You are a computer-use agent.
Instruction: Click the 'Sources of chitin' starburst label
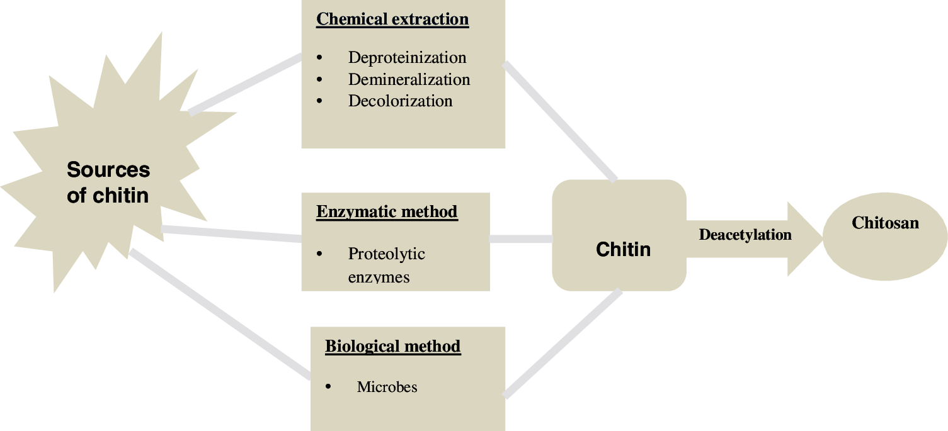pyautogui.click(x=108, y=182)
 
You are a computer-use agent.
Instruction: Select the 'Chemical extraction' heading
pyautogui.click(x=392, y=20)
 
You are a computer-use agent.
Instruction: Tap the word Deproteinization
pyautogui.click(x=407, y=58)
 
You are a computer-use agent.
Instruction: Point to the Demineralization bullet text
pyautogui.click(x=409, y=80)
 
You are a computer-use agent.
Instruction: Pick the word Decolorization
pyautogui.click(x=400, y=101)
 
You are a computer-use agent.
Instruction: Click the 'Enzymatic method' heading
pyautogui.click(x=387, y=212)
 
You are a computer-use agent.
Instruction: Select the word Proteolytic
pyautogui.click(x=386, y=254)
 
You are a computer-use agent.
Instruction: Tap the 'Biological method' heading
pyautogui.click(x=393, y=347)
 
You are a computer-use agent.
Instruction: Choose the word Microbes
pyautogui.click(x=387, y=387)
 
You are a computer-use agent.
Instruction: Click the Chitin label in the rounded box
pyautogui.click(x=623, y=249)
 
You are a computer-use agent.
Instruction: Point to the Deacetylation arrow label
pyautogui.click(x=745, y=235)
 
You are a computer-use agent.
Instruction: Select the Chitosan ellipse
pyautogui.click(x=885, y=236)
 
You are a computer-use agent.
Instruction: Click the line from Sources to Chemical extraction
pyautogui.click(x=246, y=84)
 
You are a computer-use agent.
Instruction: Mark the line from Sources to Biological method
pyautogui.click(x=220, y=315)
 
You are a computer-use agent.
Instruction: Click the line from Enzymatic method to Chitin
pyautogui.click(x=521, y=239)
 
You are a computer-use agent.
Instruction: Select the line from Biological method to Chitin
pyautogui.click(x=563, y=344)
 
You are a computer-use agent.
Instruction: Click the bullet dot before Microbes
pyautogui.click(x=328, y=387)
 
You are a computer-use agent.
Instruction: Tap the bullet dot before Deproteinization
pyautogui.click(x=319, y=58)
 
